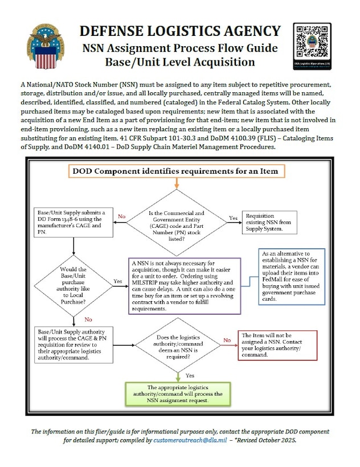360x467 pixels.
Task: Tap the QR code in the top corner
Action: point(312,43)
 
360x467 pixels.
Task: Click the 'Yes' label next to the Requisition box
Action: point(233,218)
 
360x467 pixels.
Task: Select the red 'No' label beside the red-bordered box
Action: point(227,341)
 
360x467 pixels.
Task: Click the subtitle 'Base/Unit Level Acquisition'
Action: point(179,61)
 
